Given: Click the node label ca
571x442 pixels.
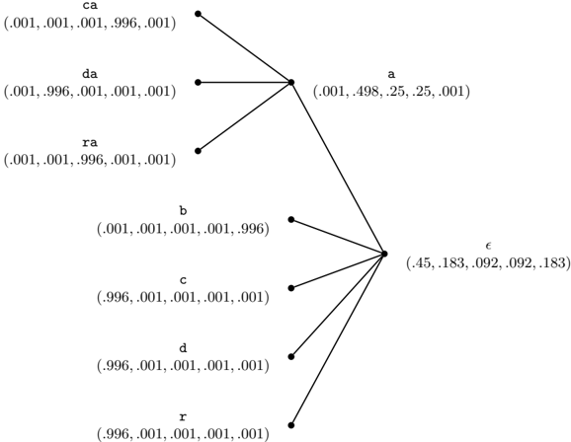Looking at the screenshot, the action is coord(90,6).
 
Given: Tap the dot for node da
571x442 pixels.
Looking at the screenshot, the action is coord(199,83).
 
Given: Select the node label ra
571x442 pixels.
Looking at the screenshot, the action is coord(90,143).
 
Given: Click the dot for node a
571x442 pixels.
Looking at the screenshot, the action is coord(291,83).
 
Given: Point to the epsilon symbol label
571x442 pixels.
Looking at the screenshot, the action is coord(488,246).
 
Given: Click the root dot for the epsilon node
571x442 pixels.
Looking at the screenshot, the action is coord(384,254).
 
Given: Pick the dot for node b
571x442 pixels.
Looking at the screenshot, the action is coord(291,219).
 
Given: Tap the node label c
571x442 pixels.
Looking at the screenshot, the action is coord(183,280).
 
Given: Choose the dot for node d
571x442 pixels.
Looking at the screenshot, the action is coord(291,356).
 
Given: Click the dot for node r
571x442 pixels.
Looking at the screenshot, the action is coord(291,425).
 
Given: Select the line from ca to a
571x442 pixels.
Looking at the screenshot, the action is coord(244,48).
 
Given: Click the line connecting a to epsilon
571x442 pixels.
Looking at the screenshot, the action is coord(338,168).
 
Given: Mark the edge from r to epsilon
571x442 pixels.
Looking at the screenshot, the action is coord(338,339).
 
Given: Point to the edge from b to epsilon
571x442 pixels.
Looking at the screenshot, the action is coord(338,237).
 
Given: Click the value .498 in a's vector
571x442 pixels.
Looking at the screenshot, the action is coord(368,91).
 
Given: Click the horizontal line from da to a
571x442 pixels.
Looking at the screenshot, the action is coord(244,83).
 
